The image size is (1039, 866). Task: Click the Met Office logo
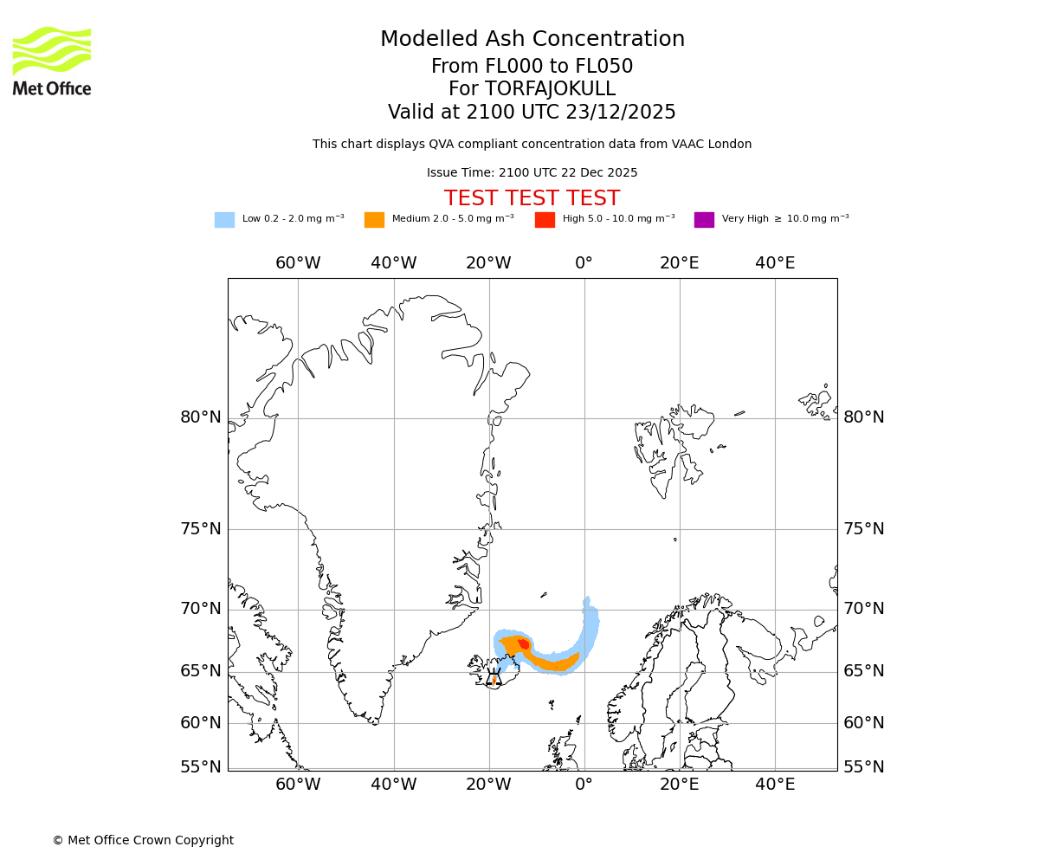[52, 61]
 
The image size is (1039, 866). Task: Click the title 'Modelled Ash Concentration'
[532, 40]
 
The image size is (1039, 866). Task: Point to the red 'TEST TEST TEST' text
[532, 198]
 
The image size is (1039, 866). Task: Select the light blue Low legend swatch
[224, 220]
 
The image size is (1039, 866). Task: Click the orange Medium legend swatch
[374, 220]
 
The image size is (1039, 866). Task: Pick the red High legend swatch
[545, 220]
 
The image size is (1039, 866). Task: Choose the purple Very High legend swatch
[704, 220]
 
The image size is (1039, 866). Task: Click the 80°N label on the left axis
[201, 417]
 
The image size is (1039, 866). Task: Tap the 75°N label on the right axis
[864, 529]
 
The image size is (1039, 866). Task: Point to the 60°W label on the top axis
[298, 263]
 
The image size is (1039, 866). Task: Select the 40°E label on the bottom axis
[775, 785]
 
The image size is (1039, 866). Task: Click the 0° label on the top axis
[584, 263]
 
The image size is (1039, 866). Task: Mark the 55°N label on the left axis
[201, 767]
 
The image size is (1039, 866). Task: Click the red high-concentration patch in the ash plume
[524, 644]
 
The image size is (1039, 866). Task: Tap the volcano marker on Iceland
[494, 677]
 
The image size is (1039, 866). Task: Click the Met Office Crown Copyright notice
[143, 840]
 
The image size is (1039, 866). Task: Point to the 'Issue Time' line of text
[532, 172]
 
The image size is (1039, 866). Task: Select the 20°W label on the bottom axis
[489, 785]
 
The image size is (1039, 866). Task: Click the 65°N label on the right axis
[864, 671]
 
